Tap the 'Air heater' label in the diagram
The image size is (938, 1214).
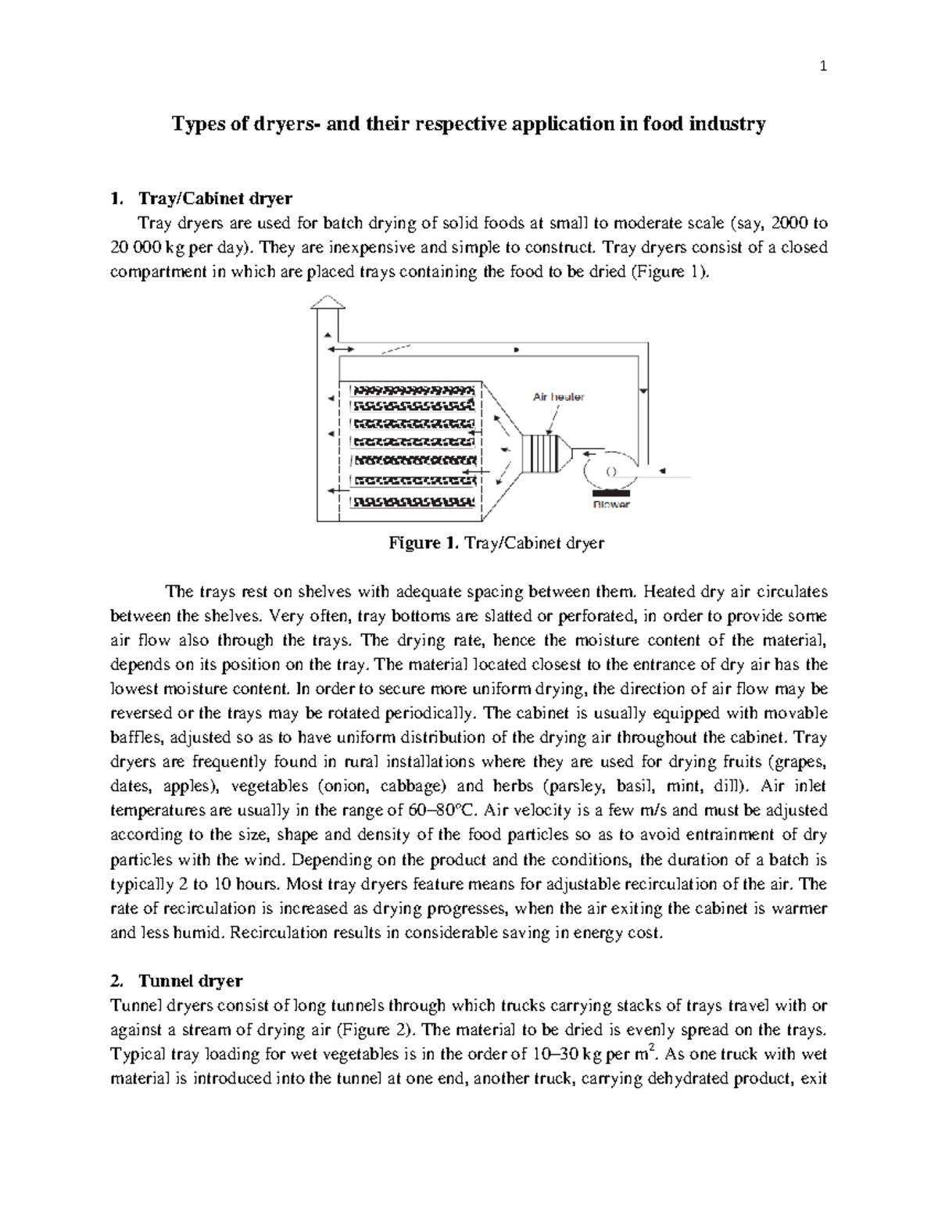(558, 397)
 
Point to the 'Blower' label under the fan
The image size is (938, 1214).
(611, 505)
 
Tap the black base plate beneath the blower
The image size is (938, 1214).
(611, 492)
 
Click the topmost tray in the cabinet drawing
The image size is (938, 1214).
(412, 389)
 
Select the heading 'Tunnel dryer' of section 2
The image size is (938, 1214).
(190, 980)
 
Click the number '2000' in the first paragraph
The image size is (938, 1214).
(790, 224)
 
